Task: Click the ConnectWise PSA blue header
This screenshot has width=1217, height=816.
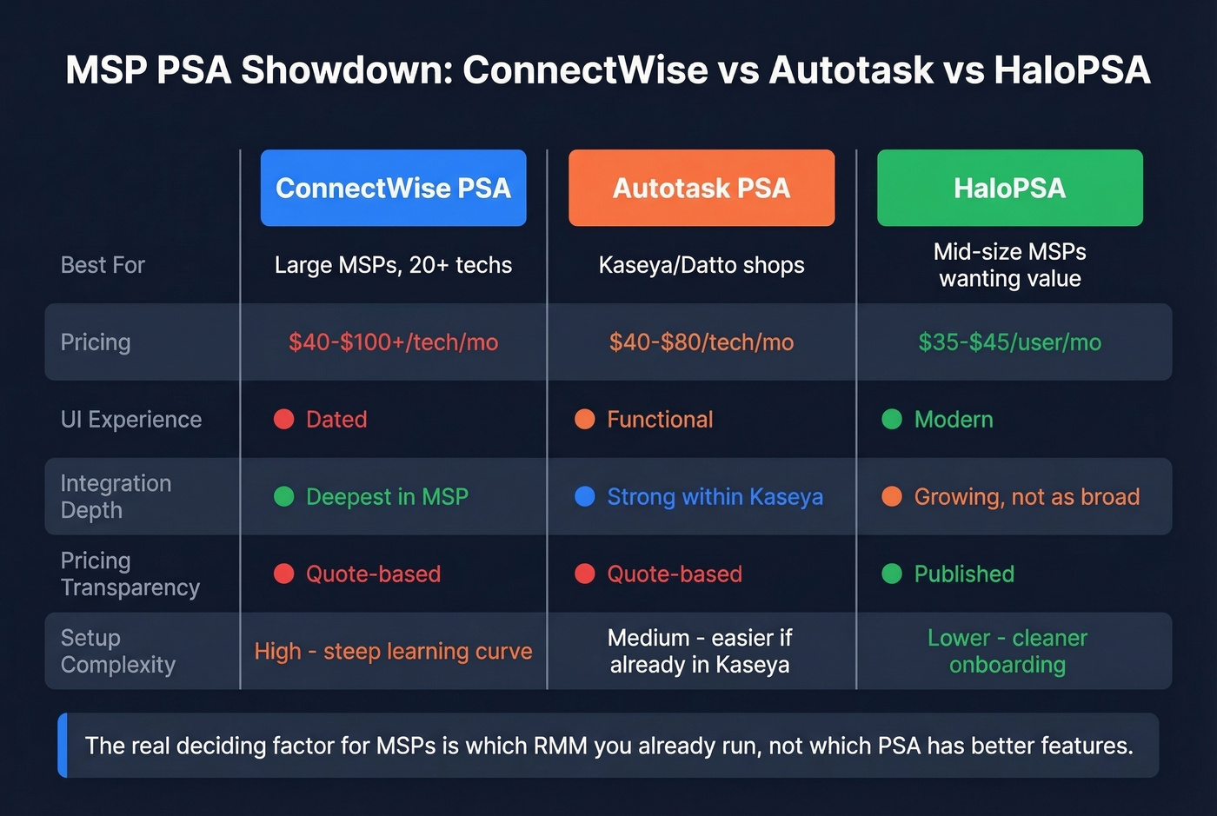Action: [x=393, y=188]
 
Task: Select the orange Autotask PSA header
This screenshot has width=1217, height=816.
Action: [x=701, y=188]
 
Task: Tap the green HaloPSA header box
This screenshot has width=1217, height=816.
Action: [x=1009, y=188]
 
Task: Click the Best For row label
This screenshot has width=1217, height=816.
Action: [x=103, y=265]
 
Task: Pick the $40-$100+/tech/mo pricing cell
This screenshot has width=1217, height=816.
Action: [x=393, y=342]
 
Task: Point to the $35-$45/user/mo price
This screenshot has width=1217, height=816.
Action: [x=1009, y=342]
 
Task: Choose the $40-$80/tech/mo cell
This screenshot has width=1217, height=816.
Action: [x=701, y=342]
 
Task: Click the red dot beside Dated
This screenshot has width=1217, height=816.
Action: [x=284, y=420]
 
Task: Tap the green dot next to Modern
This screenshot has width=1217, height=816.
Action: [x=892, y=420]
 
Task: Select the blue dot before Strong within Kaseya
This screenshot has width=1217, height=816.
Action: [x=585, y=496]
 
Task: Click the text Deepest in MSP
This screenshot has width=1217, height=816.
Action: [x=387, y=497]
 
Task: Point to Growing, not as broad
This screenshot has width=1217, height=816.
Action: [x=1026, y=497]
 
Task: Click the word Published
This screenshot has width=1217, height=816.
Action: [x=963, y=574]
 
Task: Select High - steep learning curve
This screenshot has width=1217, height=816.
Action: [x=393, y=652]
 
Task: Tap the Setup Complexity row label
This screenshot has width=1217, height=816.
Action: [x=117, y=652]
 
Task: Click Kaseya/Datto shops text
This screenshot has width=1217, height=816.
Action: [x=701, y=265]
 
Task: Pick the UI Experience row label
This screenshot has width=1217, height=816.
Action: [x=130, y=420]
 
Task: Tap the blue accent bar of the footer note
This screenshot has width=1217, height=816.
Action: [x=63, y=746]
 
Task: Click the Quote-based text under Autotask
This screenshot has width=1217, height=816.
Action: [x=674, y=574]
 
